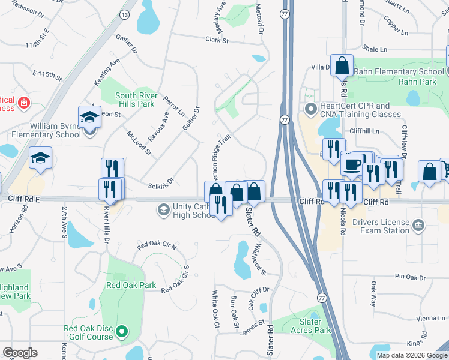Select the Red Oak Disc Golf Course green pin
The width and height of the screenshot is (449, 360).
[x=122, y=331]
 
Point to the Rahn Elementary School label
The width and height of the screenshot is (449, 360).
[x=398, y=72]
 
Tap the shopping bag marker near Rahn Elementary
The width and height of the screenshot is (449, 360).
[x=342, y=65]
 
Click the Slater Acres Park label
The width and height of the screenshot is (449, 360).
[x=310, y=326]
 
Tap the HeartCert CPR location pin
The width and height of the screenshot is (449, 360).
[x=310, y=109]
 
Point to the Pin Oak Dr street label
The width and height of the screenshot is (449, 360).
[x=410, y=277]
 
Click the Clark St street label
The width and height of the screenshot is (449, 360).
[x=217, y=40]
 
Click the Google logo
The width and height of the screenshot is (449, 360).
[x=20, y=353]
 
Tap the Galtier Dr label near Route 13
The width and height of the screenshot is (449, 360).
[x=127, y=41]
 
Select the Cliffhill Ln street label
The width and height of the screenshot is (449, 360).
[x=367, y=130]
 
